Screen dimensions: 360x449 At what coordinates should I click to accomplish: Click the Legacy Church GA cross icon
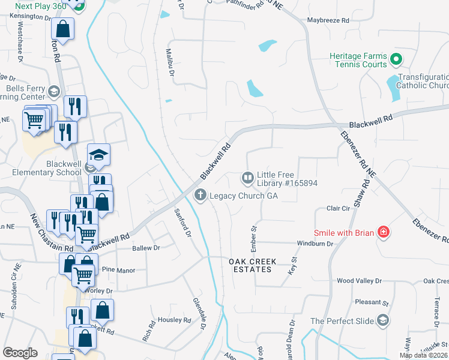[x=200, y=195]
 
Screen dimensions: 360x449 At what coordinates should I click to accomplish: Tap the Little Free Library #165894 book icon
[x=247, y=178]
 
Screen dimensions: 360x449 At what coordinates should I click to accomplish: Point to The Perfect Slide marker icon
[x=382, y=321]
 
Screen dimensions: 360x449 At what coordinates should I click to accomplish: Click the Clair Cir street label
[x=338, y=208]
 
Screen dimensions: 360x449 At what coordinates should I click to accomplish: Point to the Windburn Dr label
[x=315, y=244]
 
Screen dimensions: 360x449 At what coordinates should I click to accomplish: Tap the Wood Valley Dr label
[x=359, y=280]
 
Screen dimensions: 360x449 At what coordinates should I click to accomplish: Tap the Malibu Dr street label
[x=170, y=63]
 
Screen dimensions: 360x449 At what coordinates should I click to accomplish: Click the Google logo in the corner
[x=20, y=353]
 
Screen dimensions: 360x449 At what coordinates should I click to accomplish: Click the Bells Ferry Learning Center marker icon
[x=54, y=92]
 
